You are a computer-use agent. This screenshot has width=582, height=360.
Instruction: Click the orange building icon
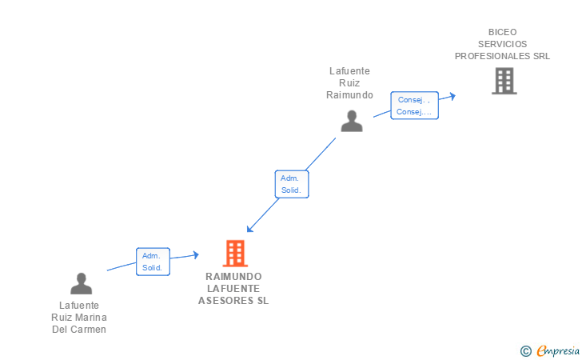(x=235, y=254)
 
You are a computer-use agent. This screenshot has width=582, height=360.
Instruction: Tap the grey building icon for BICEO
(x=504, y=81)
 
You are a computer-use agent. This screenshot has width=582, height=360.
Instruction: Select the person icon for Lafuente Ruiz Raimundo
(x=352, y=121)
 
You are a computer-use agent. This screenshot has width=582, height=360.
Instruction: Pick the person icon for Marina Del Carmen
(x=82, y=283)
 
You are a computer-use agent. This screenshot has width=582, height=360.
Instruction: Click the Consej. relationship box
(x=415, y=106)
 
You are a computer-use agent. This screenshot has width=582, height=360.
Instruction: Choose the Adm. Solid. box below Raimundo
(x=292, y=184)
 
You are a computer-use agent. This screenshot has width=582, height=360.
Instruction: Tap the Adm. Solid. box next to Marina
(x=153, y=262)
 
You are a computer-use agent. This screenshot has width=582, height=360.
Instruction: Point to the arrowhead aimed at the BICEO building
(x=452, y=96)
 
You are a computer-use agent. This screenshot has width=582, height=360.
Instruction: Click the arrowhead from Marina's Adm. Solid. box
(x=196, y=254)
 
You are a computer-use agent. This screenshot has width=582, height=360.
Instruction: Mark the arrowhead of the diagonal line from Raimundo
(x=249, y=229)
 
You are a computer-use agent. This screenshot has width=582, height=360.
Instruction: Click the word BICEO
(x=502, y=32)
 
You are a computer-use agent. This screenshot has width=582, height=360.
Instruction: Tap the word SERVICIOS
(x=502, y=44)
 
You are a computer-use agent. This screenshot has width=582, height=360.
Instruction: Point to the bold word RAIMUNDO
(x=233, y=277)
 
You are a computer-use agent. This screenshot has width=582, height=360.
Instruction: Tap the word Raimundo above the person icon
(x=349, y=95)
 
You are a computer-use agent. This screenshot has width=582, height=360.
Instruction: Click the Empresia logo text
(x=558, y=350)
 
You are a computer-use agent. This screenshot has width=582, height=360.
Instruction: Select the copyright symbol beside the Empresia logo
(x=525, y=351)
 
